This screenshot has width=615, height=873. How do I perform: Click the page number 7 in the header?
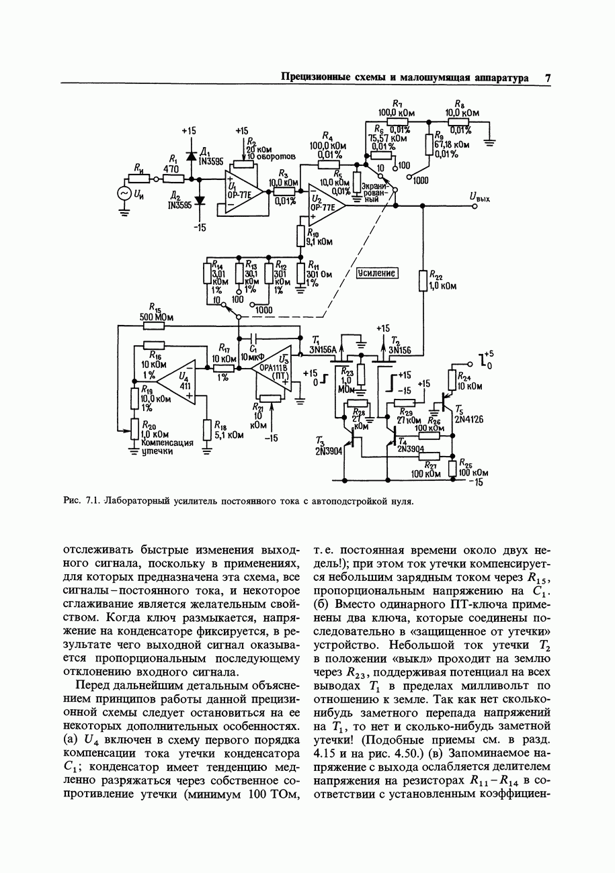pyautogui.click(x=548, y=78)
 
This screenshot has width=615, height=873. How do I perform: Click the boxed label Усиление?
pyautogui.click(x=377, y=273)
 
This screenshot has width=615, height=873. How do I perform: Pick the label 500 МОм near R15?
pyautogui.click(x=154, y=317)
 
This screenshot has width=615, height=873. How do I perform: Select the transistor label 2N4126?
pyautogui.click(x=469, y=419)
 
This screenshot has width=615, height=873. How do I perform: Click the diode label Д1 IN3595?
pyautogui.click(x=209, y=157)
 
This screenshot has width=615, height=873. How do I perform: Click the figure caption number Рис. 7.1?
pyautogui.click(x=81, y=501)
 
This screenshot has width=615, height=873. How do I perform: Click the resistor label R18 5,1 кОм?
pyautogui.click(x=228, y=430)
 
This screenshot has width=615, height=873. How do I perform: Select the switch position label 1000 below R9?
pyautogui.click(x=420, y=180)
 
